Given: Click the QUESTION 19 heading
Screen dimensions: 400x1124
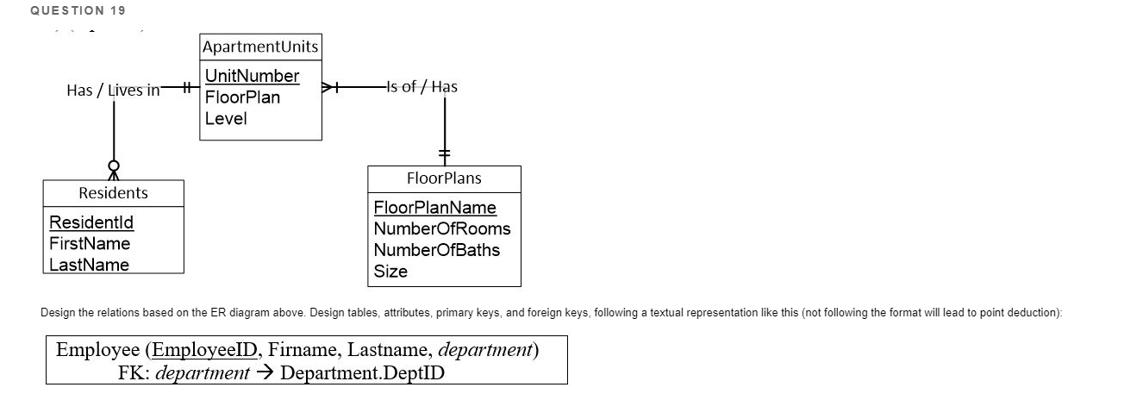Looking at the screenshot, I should click(x=78, y=10).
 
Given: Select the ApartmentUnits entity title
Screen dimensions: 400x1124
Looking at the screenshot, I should click(x=259, y=47).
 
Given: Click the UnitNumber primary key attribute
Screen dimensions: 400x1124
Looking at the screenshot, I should click(x=252, y=76).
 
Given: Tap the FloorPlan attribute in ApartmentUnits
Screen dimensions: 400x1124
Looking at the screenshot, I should click(x=242, y=97).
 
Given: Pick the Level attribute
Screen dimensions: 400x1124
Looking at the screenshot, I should click(x=226, y=119).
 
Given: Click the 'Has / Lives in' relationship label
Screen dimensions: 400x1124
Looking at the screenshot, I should click(x=113, y=90).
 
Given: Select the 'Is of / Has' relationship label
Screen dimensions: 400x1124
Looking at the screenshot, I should click(x=421, y=86).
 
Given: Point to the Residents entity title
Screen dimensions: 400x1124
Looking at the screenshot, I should click(x=113, y=193).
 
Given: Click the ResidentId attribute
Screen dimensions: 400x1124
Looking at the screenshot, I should click(x=91, y=222).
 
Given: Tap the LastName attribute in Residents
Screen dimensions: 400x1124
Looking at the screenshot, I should click(x=90, y=265).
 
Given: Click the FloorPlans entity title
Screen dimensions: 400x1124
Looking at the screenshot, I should click(x=444, y=178).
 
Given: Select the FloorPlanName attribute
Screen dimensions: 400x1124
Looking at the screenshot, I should click(x=435, y=208).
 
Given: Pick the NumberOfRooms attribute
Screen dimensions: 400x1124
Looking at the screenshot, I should click(x=442, y=228).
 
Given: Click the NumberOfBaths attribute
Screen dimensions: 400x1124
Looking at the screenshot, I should click(x=437, y=250).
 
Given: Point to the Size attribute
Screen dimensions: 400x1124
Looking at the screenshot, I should click(x=390, y=272).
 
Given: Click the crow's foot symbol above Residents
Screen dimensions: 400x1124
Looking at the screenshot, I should click(x=113, y=170).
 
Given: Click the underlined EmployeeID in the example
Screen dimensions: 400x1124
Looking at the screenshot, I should click(x=203, y=350).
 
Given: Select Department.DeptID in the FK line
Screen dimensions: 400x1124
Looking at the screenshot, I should click(x=363, y=373).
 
